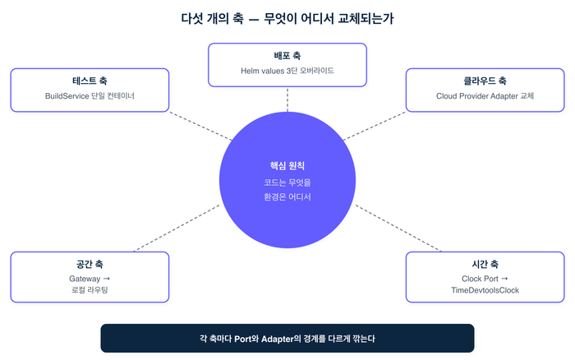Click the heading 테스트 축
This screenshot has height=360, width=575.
[x=90, y=81]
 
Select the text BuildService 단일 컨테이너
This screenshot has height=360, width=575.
[x=90, y=96]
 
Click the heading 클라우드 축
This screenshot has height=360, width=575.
[x=485, y=81]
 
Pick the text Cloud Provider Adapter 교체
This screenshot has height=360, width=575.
[x=485, y=96]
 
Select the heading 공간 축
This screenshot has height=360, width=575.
[x=90, y=265]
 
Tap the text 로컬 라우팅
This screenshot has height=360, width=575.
[x=90, y=291]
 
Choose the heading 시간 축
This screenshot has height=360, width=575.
[x=485, y=265]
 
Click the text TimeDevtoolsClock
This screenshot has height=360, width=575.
[x=485, y=291]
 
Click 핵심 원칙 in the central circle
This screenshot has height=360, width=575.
[x=287, y=165]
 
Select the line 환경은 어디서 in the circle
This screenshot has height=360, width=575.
[x=287, y=196]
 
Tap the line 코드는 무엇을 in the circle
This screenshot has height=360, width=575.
[x=287, y=182]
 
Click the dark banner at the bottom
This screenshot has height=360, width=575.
[x=287, y=338]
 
